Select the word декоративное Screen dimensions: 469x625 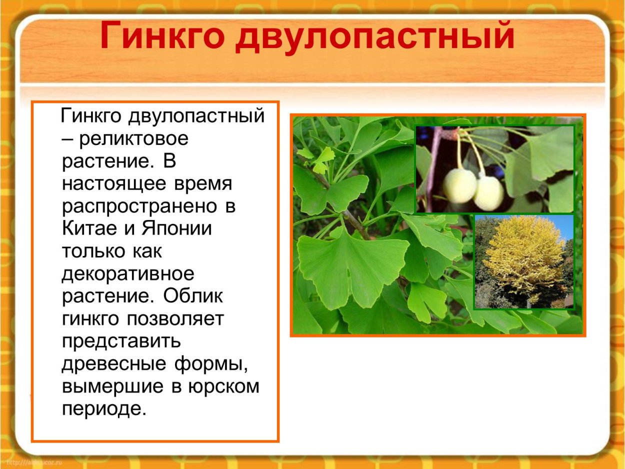click(x=127, y=273)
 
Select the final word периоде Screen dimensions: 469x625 click(x=104, y=409)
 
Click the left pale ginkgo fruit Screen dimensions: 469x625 click(x=459, y=185)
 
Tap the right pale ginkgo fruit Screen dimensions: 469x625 click(x=488, y=192)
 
